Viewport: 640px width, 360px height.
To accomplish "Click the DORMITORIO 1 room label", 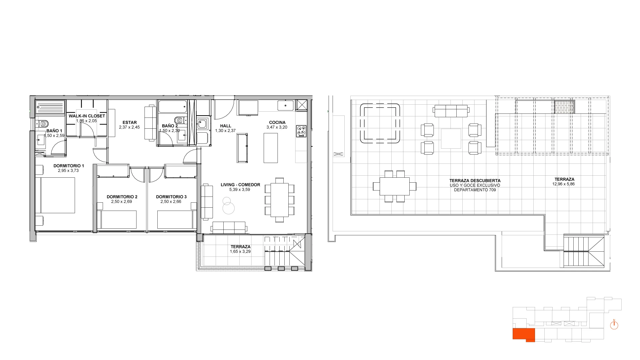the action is [69, 166].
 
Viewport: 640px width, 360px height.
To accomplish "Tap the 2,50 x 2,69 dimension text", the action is [122, 202].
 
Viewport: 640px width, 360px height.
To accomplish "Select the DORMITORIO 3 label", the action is [171, 197].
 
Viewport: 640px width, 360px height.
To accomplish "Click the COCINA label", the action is [277, 122].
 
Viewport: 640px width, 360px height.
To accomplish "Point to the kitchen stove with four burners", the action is [301, 131].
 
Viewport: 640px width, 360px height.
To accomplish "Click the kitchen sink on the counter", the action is [286, 105].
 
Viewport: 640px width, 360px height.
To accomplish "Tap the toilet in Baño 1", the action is [42, 124].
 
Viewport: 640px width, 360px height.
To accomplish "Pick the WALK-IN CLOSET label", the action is [87, 116].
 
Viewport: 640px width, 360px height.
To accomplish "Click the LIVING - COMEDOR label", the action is [240, 185].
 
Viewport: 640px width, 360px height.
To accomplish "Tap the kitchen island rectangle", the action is [271, 148].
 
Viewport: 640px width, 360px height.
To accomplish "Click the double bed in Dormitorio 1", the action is [55, 195].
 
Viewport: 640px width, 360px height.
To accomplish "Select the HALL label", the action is [226, 126].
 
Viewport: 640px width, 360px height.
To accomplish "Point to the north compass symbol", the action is [614, 325].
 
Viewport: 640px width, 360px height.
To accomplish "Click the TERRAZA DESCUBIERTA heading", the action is [475, 181].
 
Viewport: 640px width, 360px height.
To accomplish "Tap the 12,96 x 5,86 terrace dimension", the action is [563, 184].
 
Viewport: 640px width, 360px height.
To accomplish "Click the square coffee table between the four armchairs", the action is [451, 139].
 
